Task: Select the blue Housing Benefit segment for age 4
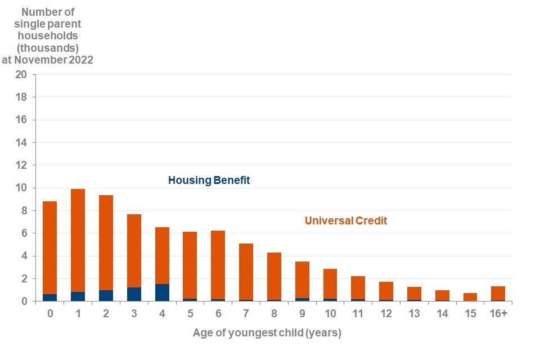click(x=162, y=292)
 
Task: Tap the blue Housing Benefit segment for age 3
click(x=134, y=294)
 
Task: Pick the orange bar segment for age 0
click(x=50, y=247)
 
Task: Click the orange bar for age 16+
click(x=498, y=293)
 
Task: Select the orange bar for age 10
click(x=330, y=283)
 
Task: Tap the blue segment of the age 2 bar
click(x=106, y=295)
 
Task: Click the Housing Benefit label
click(x=209, y=181)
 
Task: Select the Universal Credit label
click(x=346, y=221)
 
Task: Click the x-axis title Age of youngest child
click(x=267, y=333)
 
